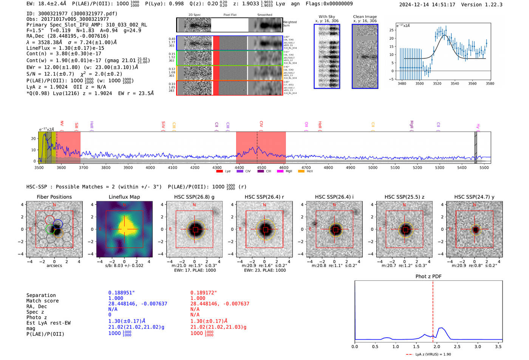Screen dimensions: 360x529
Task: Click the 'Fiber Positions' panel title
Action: [x=54, y=197]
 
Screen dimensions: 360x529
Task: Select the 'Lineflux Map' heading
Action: [x=124, y=197]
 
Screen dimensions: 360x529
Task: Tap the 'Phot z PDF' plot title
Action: [x=428, y=277]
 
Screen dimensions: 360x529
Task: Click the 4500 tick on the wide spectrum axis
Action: [x=261, y=168]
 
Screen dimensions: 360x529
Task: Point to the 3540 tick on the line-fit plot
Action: [x=455, y=83]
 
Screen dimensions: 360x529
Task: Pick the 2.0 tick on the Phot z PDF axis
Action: [x=436, y=346]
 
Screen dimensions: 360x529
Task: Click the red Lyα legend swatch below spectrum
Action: [x=219, y=172]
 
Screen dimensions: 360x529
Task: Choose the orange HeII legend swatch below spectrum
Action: [x=301, y=172]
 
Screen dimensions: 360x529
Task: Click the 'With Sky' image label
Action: [x=326, y=17]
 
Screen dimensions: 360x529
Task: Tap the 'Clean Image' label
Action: [x=365, y=17]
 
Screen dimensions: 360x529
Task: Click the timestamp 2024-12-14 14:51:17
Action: [x=427, y=5]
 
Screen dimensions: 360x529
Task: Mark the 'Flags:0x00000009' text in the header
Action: [x=329, y=4]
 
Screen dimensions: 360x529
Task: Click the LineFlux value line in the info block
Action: [x=65, y=48]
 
